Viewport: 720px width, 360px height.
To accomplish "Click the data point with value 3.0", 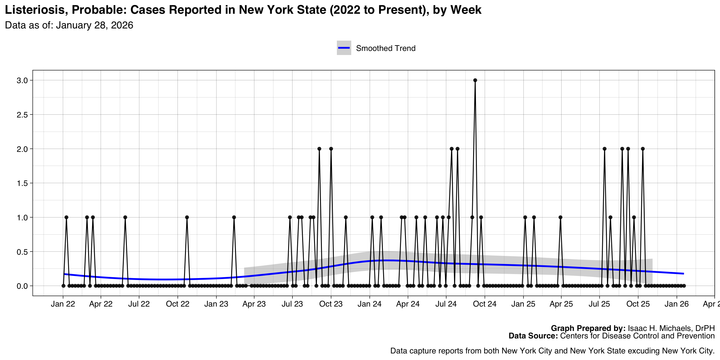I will [x=475, y=80].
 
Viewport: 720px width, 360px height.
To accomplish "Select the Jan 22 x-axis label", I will [x=63, y=304].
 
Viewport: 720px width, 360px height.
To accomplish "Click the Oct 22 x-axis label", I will [x=177, y=304].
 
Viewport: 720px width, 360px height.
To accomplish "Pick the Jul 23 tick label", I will [x=292, y=304].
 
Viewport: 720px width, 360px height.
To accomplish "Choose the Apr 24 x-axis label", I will [x=408, y=304].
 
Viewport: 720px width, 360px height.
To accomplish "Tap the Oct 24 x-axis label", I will [x=485, y=304].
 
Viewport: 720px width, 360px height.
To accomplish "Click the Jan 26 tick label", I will [x=677, y=304].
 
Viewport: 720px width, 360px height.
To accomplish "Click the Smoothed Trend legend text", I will [x=386, y=48].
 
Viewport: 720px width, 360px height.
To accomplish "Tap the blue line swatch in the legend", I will [x=344, y=48].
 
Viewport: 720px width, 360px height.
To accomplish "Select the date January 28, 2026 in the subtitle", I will [x=94, y=25].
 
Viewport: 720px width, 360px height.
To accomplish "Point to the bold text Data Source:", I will [x=533, y=336].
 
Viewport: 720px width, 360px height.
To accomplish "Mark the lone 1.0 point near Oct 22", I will [x=187, y=217].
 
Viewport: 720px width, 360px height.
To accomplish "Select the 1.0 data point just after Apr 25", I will [x=560, y=217].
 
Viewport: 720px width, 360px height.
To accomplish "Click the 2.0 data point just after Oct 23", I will [x=331, y=149].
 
